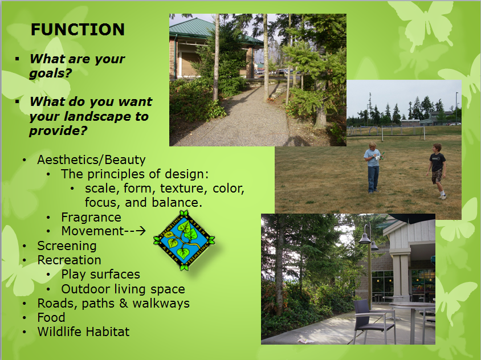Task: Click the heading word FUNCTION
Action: point(78,30)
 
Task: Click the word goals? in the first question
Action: point(51,73)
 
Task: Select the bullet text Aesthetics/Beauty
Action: point(91,159)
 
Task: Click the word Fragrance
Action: point(91,217)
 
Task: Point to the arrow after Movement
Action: point(140,231)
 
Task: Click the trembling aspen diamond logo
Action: point(184,240)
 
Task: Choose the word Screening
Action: point(67,246)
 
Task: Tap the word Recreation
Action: point(69,260)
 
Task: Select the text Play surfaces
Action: point(101,275)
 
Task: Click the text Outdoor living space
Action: point(123,289)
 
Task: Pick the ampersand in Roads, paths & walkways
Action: point(123,303)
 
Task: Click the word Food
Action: point(51,317)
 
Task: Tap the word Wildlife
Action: point(59,332)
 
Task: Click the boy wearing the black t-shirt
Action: point(437,170)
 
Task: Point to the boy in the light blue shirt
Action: point(373,167)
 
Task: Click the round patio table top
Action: point(411,305)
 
